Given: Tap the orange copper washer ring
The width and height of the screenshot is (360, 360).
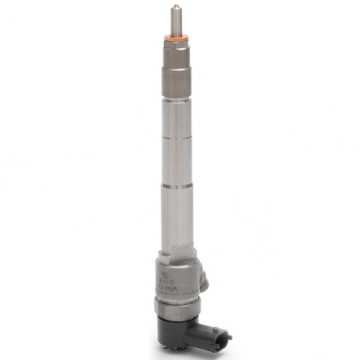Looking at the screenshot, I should coord(175,39).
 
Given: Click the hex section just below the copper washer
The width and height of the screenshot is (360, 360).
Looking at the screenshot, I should coord(175,56).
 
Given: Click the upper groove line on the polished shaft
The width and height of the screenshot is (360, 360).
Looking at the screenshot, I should coord(176,139).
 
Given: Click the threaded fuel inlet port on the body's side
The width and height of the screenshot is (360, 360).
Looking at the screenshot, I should coord(205,278).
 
